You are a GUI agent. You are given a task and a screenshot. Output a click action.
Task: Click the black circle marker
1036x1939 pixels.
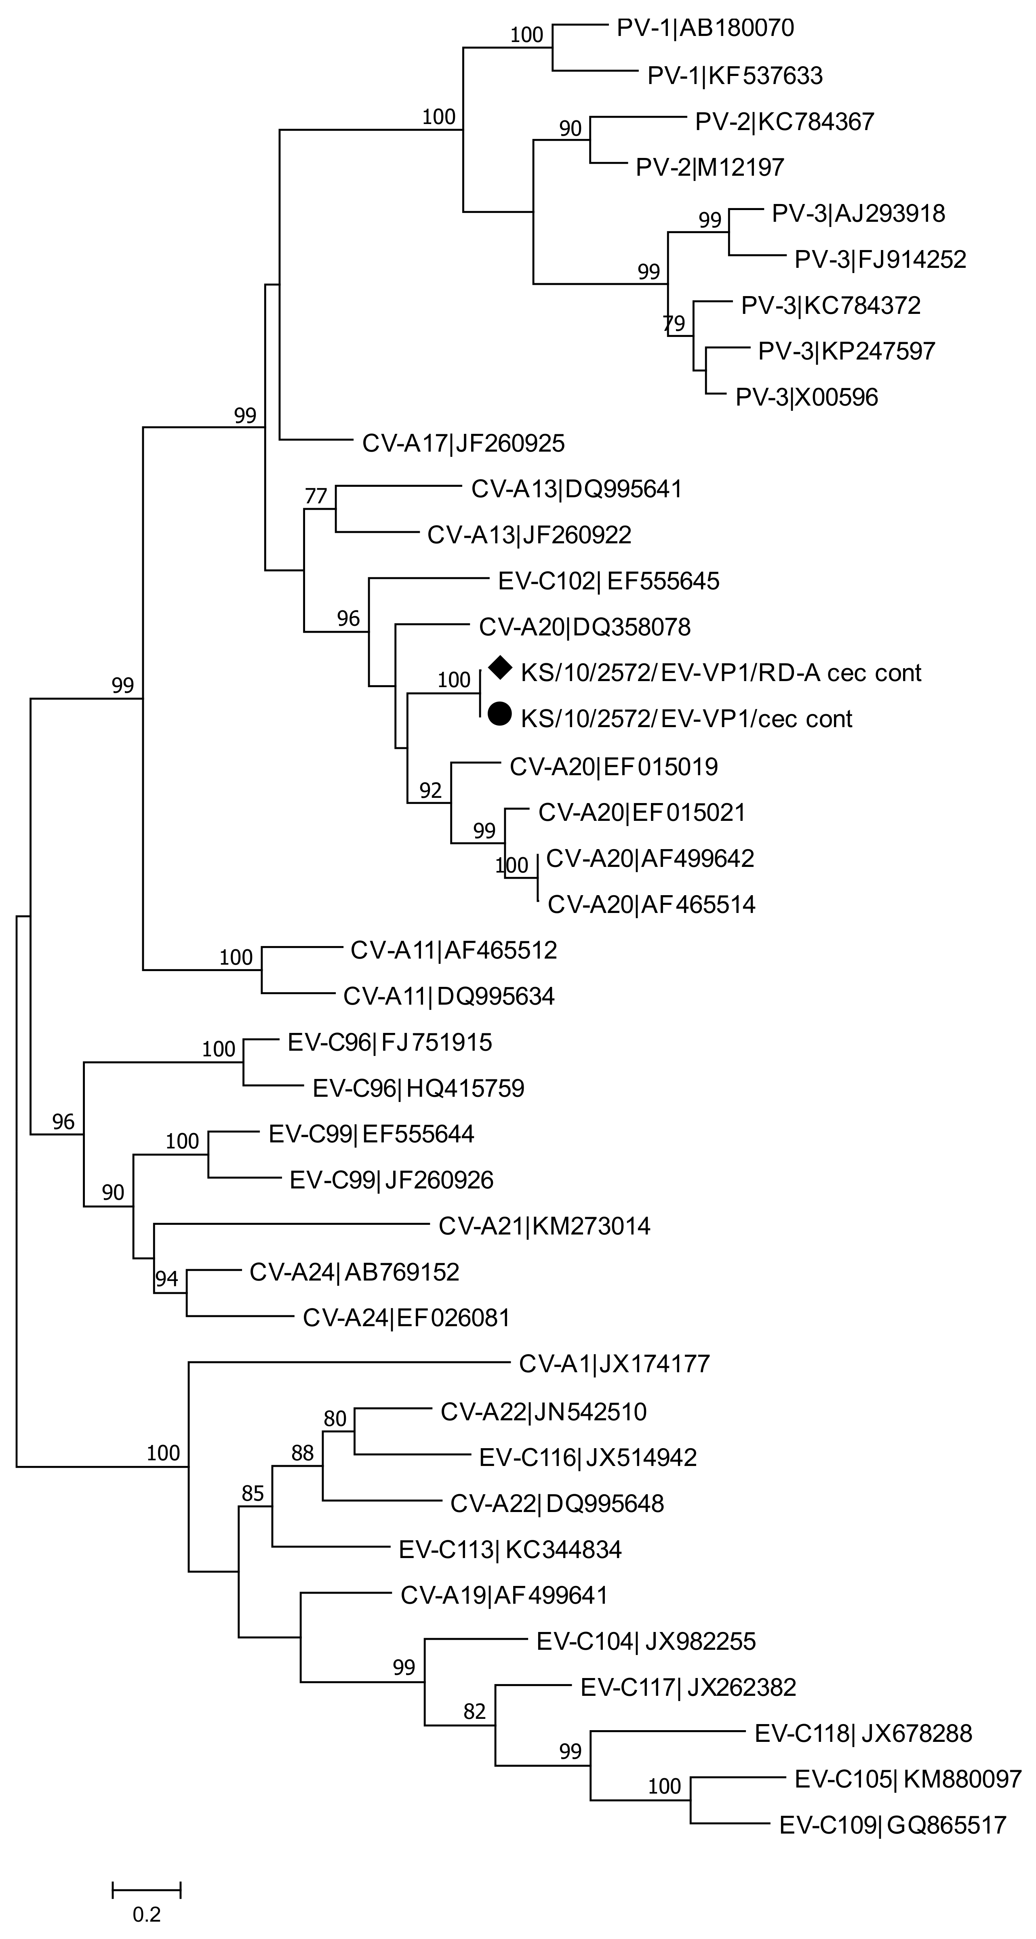500,713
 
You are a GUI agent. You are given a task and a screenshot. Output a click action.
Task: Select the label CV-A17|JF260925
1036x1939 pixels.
463,444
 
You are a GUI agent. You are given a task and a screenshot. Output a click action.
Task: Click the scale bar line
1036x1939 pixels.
147,1889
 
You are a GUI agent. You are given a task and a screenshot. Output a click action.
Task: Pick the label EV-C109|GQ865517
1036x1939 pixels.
892,1825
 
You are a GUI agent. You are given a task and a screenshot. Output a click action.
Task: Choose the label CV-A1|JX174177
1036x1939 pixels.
614,1364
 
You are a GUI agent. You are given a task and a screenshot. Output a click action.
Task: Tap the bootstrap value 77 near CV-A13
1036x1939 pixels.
316,496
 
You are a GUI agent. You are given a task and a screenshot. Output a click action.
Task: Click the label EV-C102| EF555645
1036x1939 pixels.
609,581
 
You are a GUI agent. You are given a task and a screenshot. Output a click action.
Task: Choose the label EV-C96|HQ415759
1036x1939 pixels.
418,1088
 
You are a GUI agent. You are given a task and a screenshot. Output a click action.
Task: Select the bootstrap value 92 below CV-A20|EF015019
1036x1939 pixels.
431,791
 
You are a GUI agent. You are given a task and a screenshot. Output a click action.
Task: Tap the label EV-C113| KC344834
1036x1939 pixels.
510,1549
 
